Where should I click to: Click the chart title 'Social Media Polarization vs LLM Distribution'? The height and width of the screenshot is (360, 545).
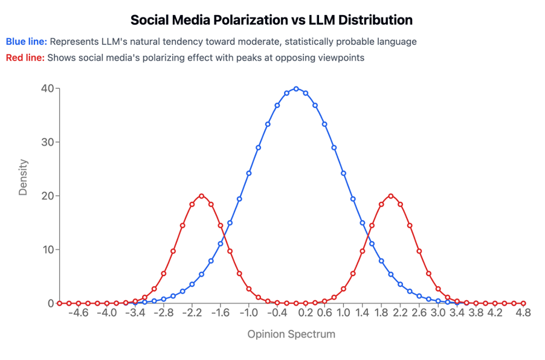(272, 20)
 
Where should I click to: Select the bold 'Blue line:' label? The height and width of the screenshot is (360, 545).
(27, 42)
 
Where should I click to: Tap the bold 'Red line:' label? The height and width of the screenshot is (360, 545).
(25, 58)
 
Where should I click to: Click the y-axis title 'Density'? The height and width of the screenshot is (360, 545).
(23, 177)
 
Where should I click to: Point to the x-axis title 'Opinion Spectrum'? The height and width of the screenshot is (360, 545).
(291, 333)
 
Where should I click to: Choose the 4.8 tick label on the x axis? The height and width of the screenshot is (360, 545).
(523, 313)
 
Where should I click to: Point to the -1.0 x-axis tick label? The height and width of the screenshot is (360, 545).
(248, 313)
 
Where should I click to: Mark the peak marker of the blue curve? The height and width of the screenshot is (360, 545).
(296, 88)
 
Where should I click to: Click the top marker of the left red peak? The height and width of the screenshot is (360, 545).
(201, 196)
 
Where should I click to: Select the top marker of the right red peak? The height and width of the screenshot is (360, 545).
(391, 196)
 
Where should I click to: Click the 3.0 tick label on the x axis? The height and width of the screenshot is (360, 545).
(439, 313)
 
